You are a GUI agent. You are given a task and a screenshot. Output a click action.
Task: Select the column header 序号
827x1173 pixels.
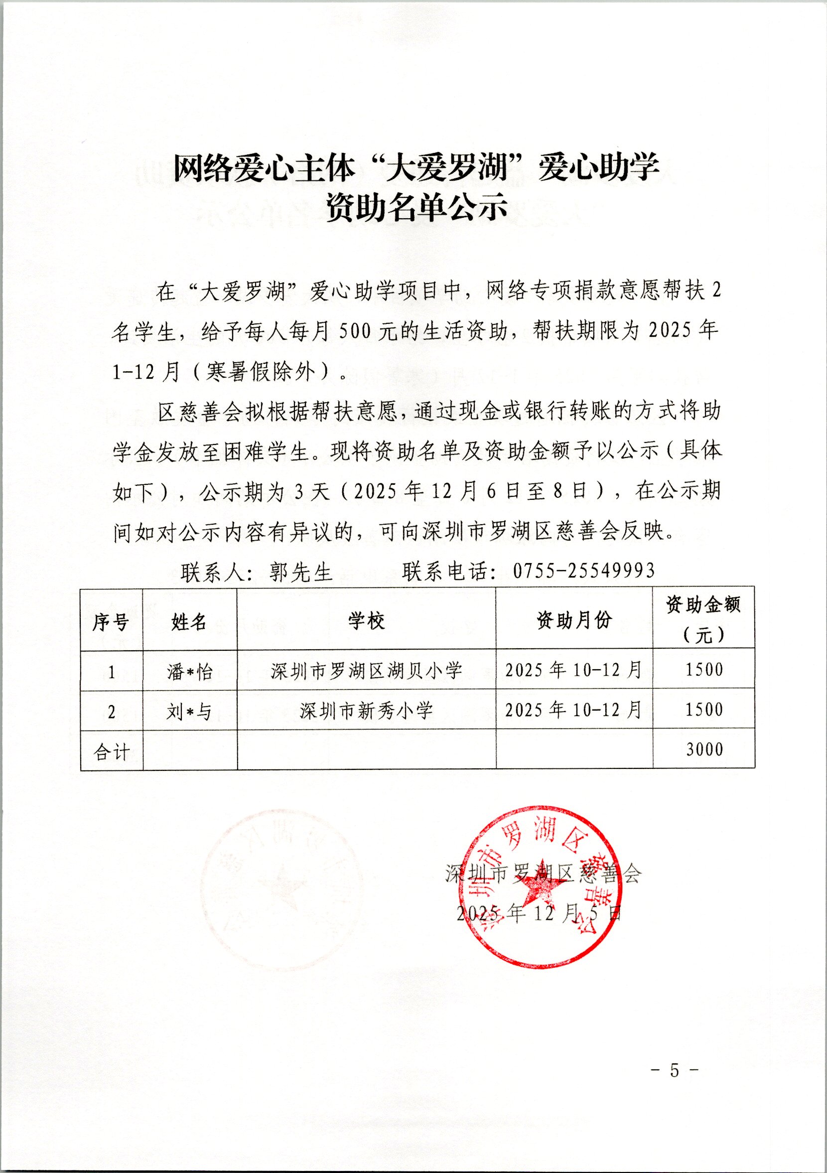111,622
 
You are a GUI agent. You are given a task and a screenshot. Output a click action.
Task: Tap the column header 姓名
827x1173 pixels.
189,622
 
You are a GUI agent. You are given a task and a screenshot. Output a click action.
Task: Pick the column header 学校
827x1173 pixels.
366,622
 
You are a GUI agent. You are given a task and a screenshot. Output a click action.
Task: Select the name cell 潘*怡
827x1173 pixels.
189,672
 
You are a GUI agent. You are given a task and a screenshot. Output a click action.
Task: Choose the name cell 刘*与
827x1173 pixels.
189,712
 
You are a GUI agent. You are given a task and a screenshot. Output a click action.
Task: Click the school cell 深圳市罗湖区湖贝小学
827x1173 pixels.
366,671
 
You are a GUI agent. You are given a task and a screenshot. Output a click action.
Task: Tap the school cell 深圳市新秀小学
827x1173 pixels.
366,711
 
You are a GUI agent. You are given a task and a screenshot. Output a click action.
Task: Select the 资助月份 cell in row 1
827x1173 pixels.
573,670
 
